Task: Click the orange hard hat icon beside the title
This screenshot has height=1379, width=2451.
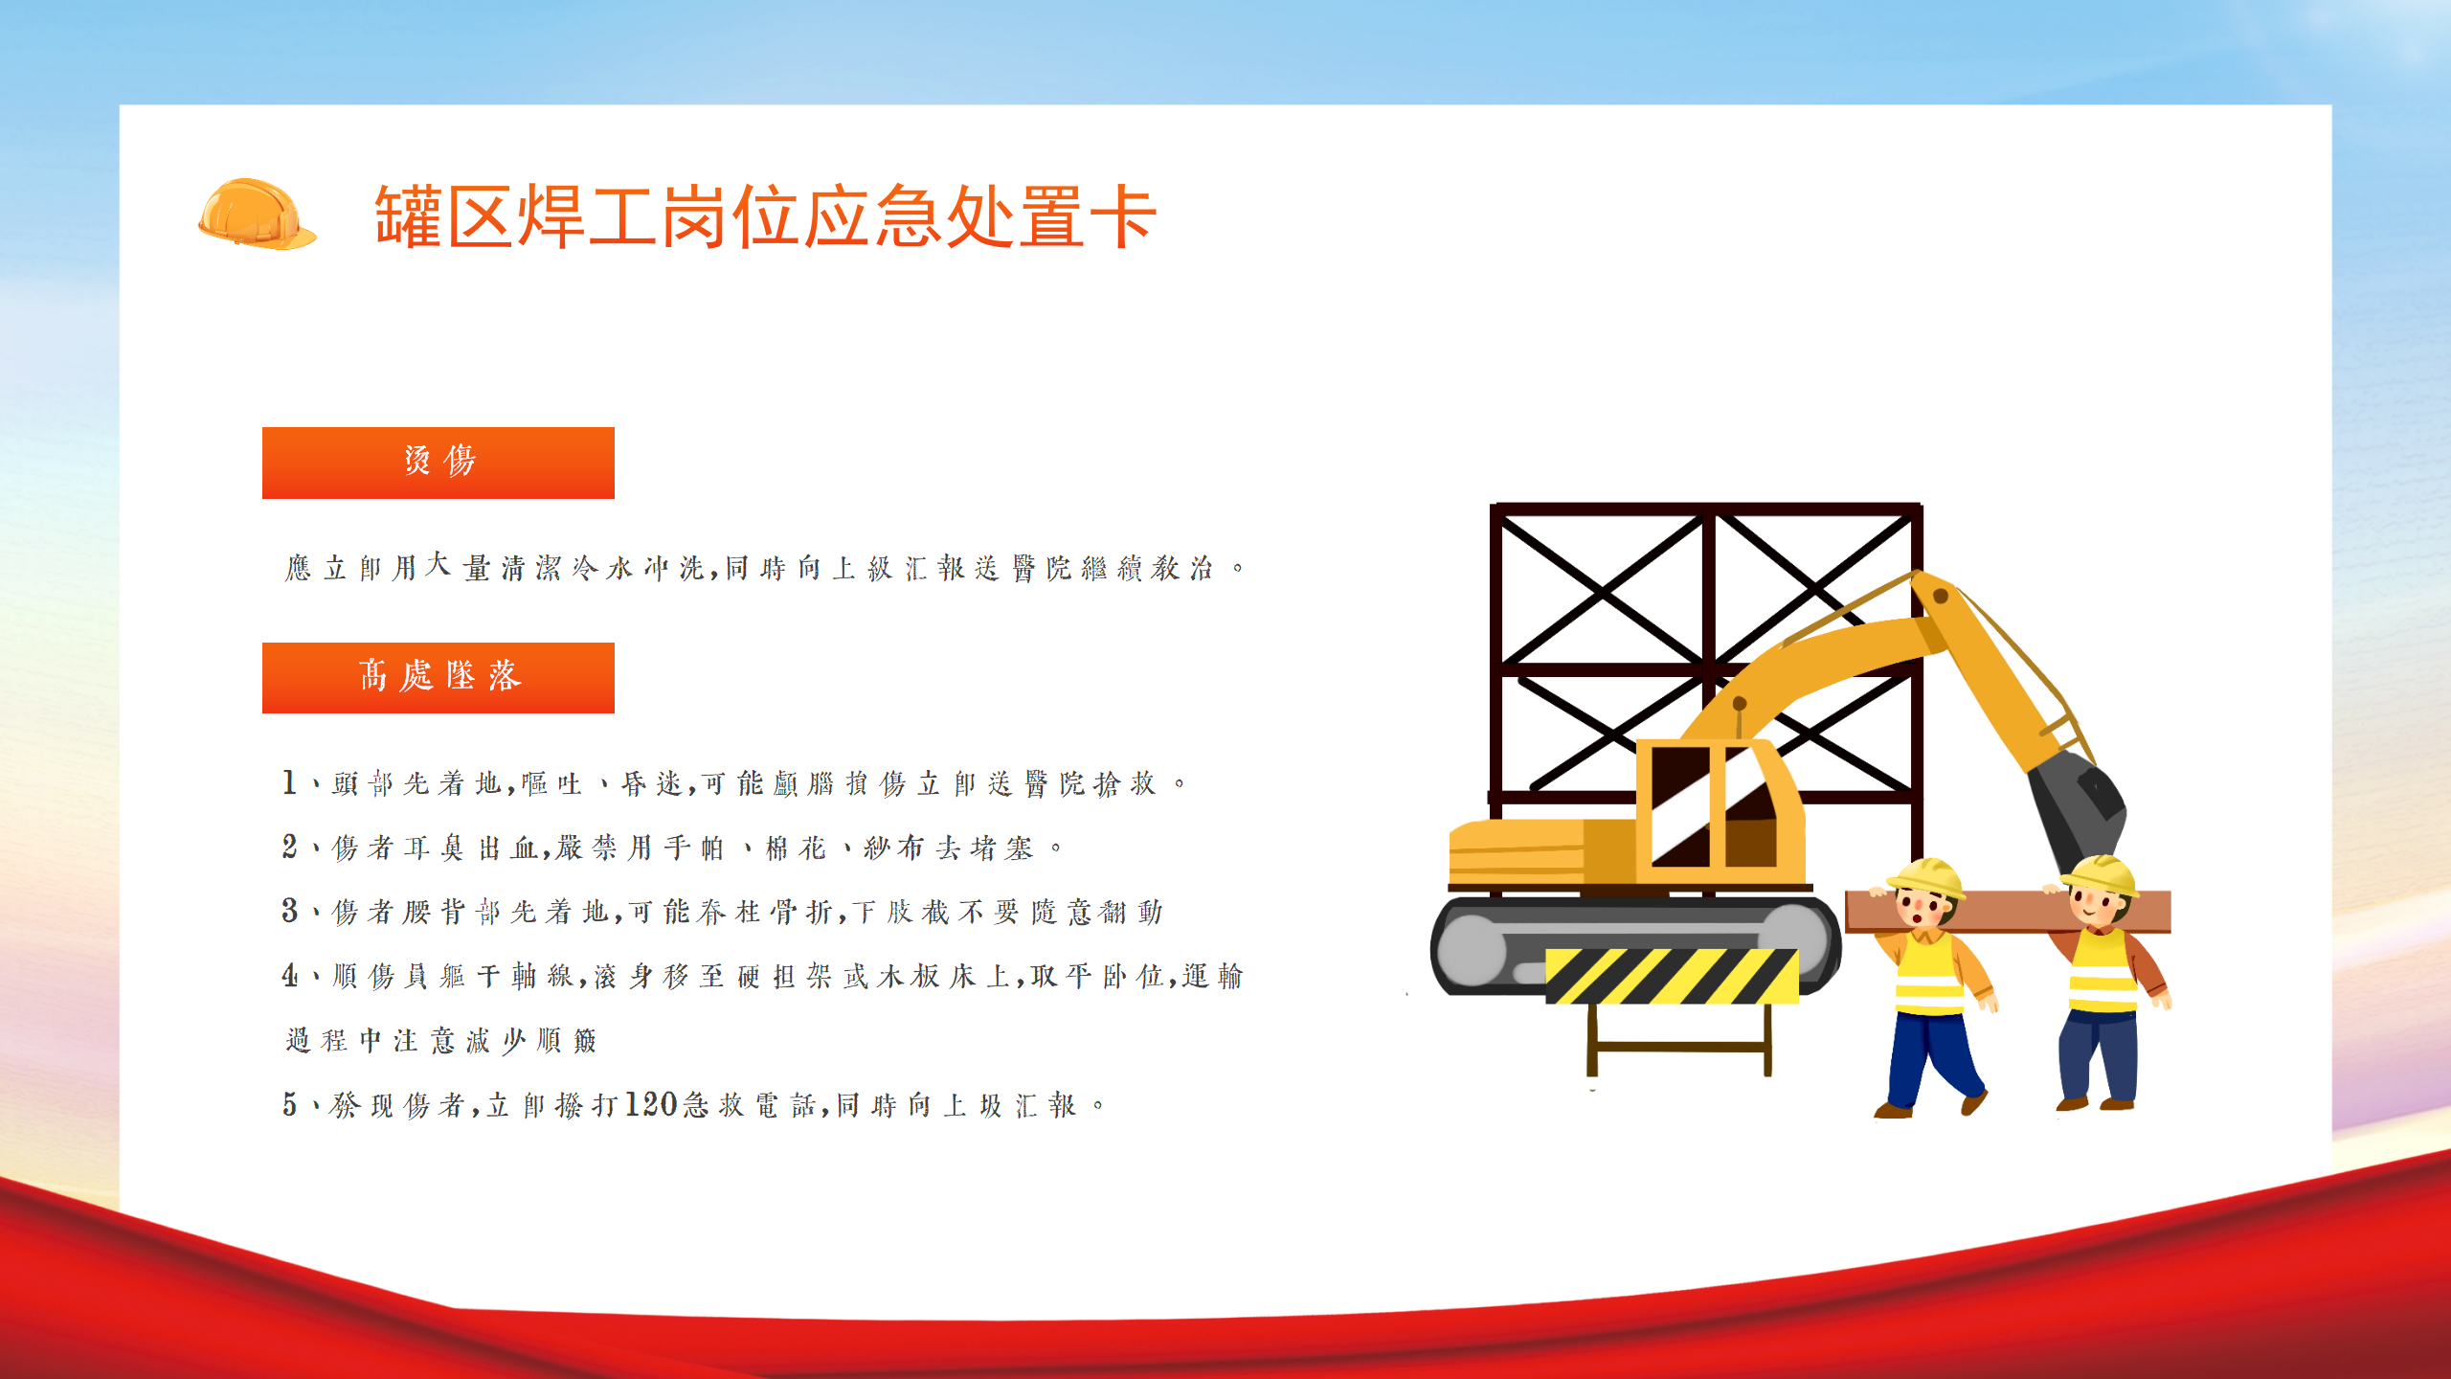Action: click(257, 215)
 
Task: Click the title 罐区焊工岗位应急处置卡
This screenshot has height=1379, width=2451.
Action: click(766, 217)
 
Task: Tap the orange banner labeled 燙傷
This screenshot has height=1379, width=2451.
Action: click(438, 463)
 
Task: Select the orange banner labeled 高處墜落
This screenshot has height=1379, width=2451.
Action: click(438, 678)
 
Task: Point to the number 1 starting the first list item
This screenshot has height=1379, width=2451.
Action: click(289, 782)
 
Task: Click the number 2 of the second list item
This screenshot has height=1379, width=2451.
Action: click(289, 847)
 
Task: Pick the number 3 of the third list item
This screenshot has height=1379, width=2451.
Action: click(289, 911)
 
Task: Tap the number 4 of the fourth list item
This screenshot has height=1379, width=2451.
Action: click(289, 975)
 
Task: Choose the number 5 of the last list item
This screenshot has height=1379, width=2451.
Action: click(289, 1104)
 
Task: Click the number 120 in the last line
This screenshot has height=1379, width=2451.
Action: click(652, 1104)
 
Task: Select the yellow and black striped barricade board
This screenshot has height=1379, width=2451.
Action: click(1672, 976)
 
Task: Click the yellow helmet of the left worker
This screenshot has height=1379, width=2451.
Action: click(1925, 877)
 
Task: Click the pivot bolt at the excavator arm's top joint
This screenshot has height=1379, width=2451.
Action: click(1941, 596)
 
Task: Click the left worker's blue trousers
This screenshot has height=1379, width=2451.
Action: click(1932, 1058)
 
